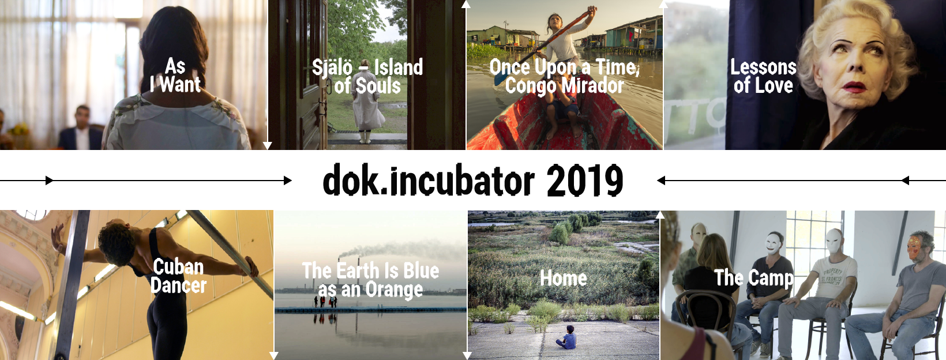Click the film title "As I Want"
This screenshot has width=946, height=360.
(x=175, y=76)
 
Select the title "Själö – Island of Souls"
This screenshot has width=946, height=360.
(x=367, y=77)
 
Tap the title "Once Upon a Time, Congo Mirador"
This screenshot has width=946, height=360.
(x=564, y=77)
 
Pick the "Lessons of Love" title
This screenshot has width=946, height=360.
(x=764, y=77)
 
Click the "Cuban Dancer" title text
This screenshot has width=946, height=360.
(x=178, y=276)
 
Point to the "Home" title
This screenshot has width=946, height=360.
(x=564, y=278)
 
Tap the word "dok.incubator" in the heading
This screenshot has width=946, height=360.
(x=429, y=181)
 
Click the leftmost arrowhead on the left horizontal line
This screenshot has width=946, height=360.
(x=50, y=181)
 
